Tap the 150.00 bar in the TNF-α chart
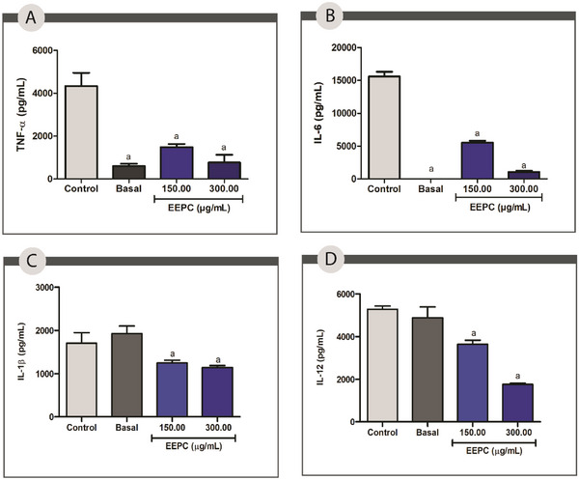tap(177, 162)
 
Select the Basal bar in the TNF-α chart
tap(128, 172)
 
